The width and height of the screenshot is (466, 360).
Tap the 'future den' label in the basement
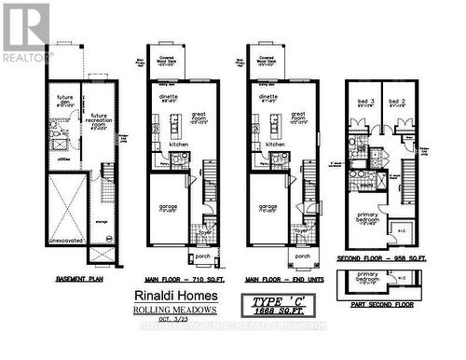pyautogui.click(x=64, y=101)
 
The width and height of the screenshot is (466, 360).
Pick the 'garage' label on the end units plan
pyautogui.click(x=267, y=207)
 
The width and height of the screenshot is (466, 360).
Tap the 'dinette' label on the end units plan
pyautogui.click(x=268, y=99)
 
